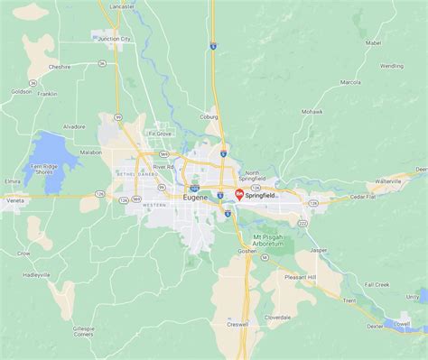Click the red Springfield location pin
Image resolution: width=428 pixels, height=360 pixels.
coord(237,193)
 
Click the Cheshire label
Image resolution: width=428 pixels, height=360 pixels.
coord(60,67)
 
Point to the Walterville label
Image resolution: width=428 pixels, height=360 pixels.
coord(386,180)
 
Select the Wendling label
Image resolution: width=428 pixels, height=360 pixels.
coord(391,66)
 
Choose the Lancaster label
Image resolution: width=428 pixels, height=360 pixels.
coord(123,6)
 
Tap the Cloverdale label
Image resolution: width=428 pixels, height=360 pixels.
coord(277,318)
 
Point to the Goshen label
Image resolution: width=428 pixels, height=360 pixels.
coord(247,251)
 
